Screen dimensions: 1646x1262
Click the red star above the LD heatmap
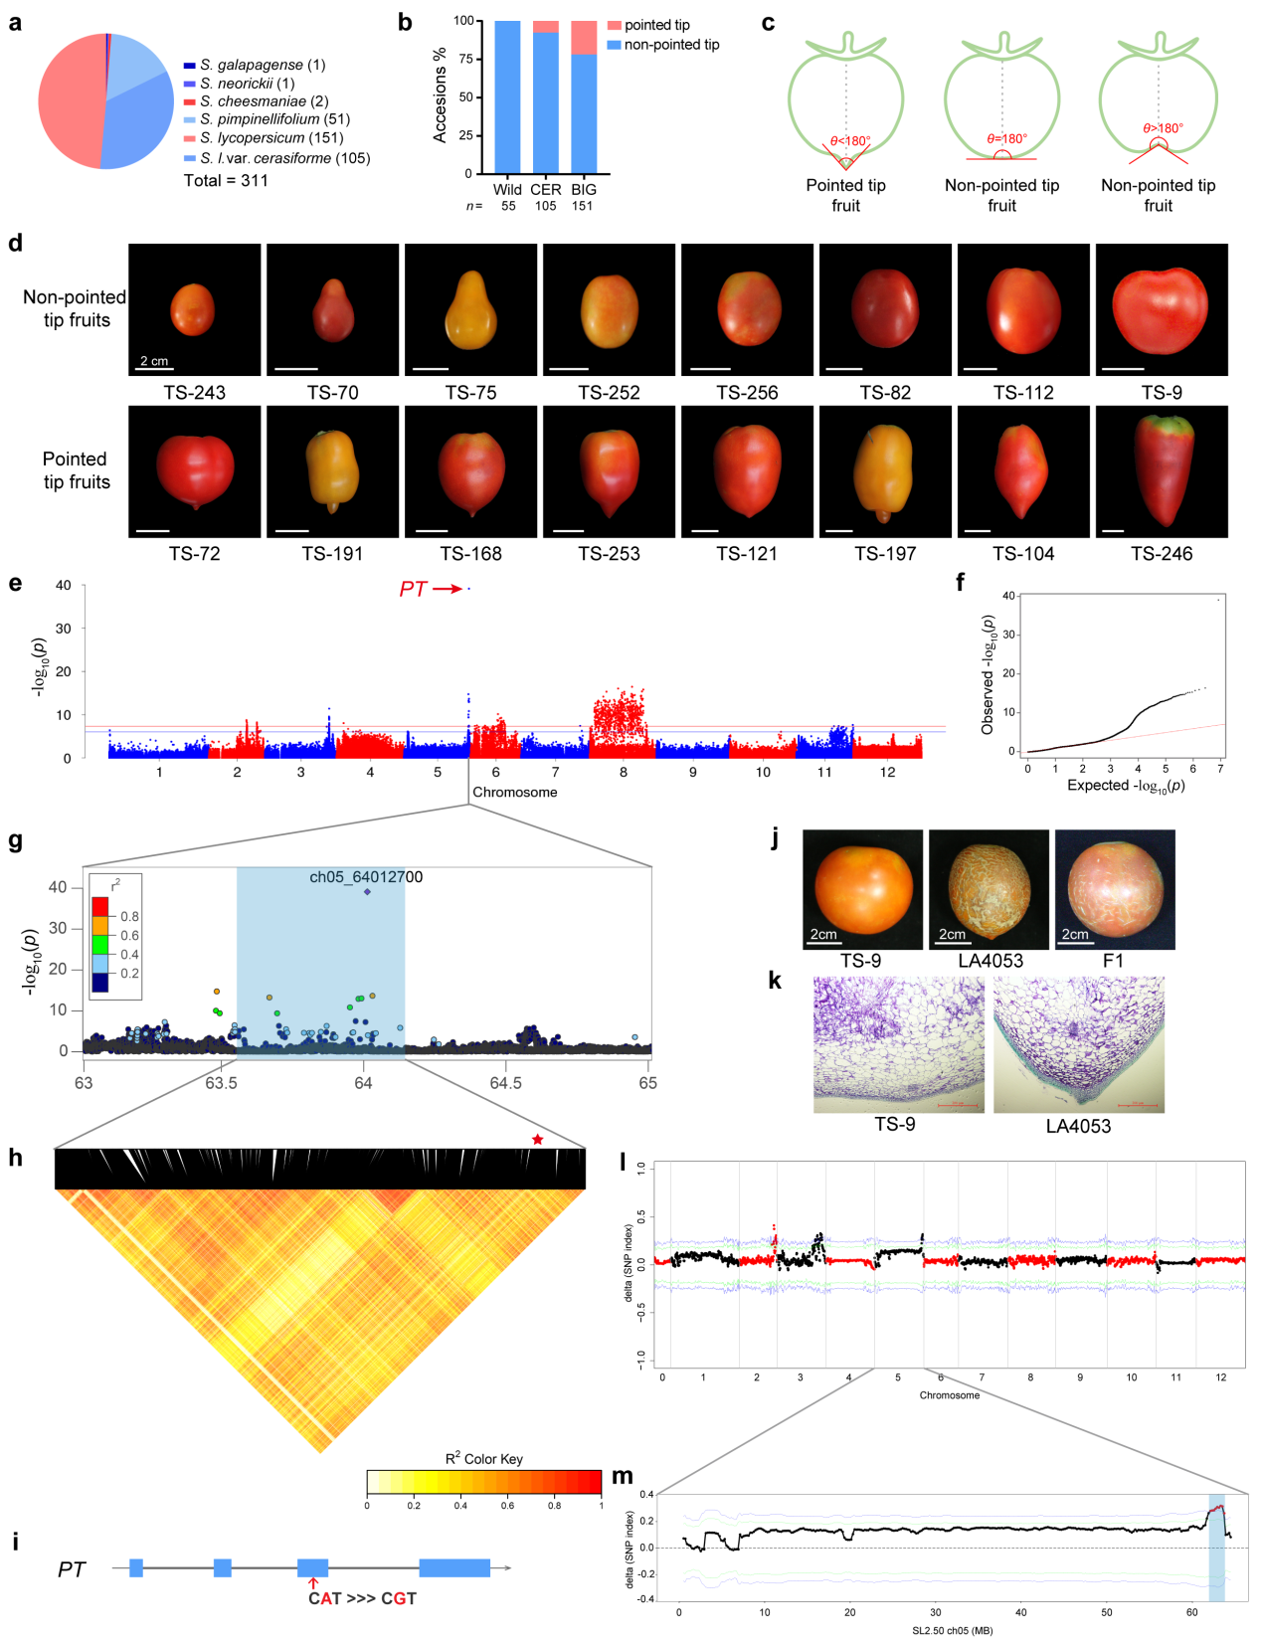[x=538, y=1139]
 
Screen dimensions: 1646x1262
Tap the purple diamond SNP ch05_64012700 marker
[x=367, y=891]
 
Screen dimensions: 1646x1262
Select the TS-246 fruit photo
[x=1162, y=471]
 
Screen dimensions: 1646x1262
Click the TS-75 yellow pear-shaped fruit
[x=471, y=309]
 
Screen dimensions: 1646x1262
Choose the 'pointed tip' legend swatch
[x=615, y=25]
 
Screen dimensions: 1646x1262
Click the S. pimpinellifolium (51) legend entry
[x=274, y=119]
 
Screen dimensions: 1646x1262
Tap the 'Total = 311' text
[x=226, y=180]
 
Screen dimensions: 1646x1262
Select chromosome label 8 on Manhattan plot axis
[x=624, y=772]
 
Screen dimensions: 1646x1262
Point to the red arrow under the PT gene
[x=313, y=1582]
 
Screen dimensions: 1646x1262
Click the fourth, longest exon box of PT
[x=454, y=1568]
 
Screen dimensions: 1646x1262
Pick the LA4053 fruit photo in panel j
[x=989, y=889]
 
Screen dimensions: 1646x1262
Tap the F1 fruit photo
[x=1115, y=889]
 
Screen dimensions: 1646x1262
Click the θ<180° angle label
[x=851, y=141]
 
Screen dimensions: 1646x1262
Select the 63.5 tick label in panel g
[x=221, y=1083]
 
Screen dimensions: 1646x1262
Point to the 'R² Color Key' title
[x=483, y=1458]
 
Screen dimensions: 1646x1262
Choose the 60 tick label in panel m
[x=1191, y=1612]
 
